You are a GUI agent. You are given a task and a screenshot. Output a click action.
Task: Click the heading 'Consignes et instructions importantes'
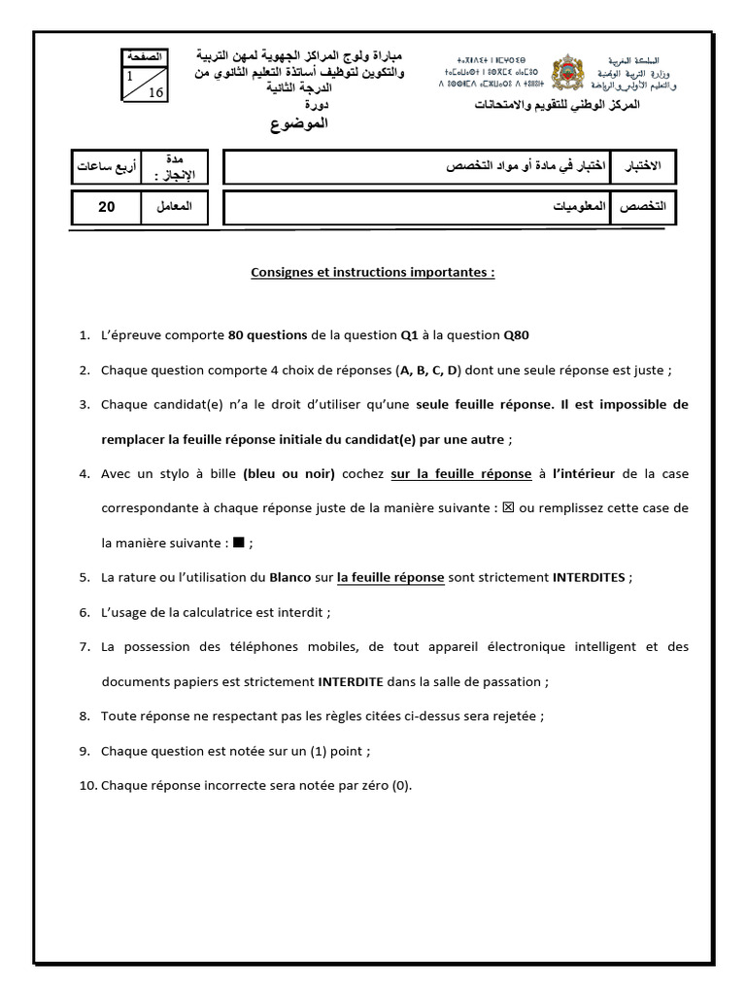[x=373, y=273]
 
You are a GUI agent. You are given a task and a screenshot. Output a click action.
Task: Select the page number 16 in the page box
[x=155, y=93]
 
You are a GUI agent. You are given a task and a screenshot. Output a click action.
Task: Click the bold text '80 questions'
[x=267, y=335]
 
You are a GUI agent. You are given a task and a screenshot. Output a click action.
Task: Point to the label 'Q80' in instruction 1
[x=516, y=335]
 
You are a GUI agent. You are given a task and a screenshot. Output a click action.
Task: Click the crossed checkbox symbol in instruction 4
[x=507, y=508]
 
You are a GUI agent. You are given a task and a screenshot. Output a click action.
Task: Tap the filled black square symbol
[x=238, y=543]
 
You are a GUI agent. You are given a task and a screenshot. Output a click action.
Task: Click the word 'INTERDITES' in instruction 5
[x=590, y=577]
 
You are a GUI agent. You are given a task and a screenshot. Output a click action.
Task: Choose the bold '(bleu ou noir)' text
[x=289, y=474]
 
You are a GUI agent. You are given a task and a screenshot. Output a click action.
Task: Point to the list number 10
[x=85, y=786]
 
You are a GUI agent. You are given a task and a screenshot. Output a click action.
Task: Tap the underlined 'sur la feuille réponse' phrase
[x=460, y=474]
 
